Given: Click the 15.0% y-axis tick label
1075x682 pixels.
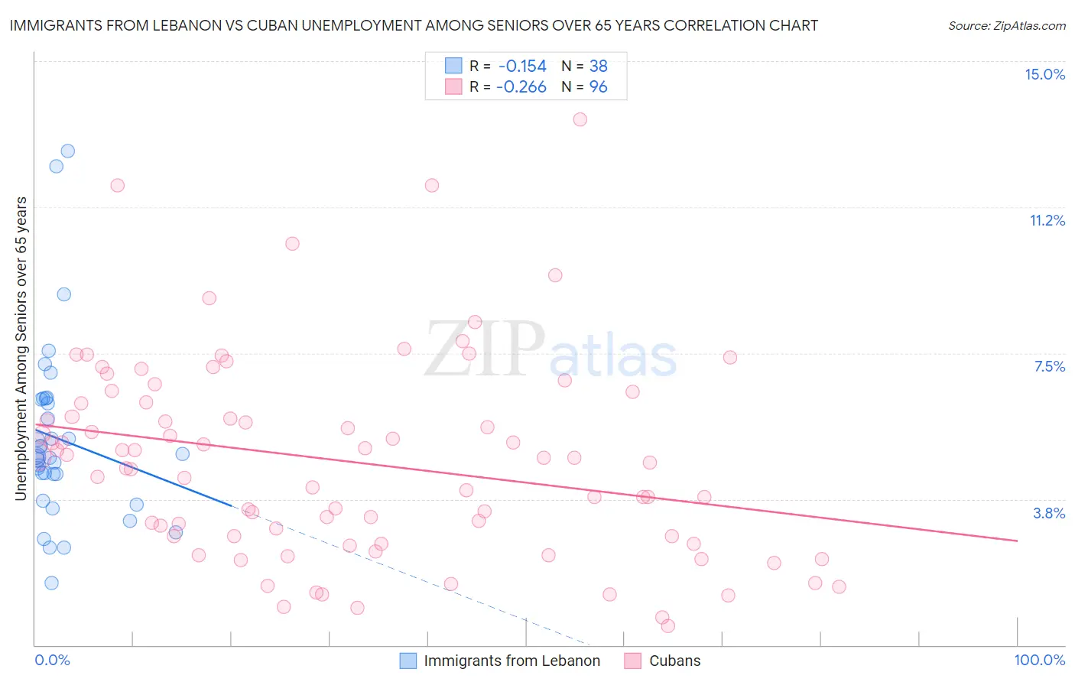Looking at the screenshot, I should [1044, 74].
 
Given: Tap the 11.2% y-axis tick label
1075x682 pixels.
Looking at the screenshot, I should [1047, 220].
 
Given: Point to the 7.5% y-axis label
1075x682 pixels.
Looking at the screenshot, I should [1049, 366].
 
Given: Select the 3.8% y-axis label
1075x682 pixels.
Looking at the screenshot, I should [1049, 513].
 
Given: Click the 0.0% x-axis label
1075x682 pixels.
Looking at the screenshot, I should [52, 660].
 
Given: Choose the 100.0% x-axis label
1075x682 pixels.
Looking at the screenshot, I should [1039, 660].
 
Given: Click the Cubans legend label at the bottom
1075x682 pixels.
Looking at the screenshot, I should [674, 661].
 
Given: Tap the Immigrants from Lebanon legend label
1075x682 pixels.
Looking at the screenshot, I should [512, 661].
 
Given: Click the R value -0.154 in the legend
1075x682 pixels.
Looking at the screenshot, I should [521, 66].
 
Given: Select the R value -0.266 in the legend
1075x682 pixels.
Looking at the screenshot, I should [521, 87].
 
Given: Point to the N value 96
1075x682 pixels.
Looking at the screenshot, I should [598, 87].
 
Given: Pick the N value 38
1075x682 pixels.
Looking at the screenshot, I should [598, 66].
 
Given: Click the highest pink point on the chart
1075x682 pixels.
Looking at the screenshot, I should [580, 119].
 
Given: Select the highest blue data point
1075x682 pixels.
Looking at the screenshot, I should [68, 151].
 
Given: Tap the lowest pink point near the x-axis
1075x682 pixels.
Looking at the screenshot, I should [667, 625].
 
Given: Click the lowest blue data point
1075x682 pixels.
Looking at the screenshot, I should [51, 583].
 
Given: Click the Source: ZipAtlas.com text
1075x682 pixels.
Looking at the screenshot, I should [1006, 26].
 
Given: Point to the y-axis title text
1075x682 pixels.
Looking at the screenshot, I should [21, 349].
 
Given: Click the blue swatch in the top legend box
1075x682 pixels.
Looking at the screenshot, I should [453, 66].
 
